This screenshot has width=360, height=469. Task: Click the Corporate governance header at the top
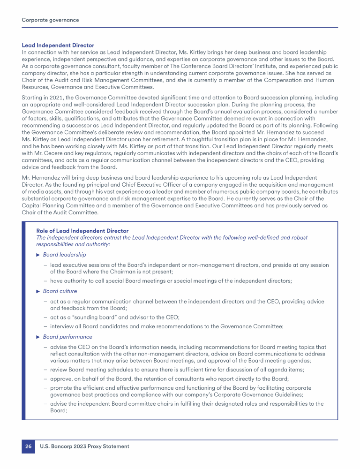coord(50,20)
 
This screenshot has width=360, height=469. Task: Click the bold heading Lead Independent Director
coord(58,45)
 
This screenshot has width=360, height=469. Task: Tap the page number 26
coord(28,446)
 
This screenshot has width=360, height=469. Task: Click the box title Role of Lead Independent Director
coord(82,231)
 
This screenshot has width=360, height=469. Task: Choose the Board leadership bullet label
coord(64,255)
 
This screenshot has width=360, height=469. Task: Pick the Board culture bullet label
coord(60,291)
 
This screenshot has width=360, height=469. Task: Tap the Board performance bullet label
coord(67,337)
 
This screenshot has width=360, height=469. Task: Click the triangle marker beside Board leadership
coord(38,255)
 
